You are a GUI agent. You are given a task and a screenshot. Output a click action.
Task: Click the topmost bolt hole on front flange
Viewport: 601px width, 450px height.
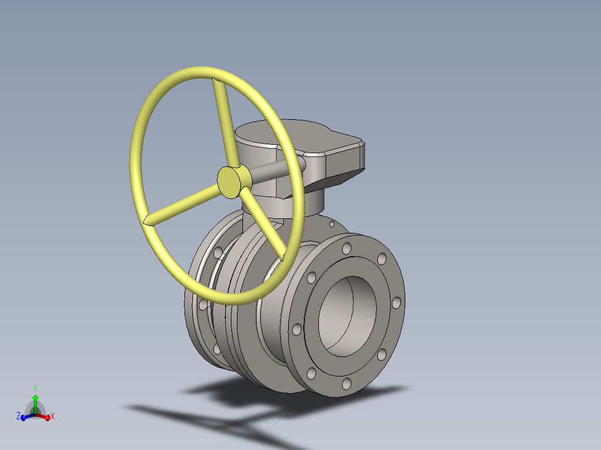coord(347,247)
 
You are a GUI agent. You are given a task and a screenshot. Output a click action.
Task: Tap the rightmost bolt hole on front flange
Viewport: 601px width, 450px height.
coord(396,302)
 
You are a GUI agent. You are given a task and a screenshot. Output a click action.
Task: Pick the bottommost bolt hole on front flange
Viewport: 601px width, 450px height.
coord(347,383)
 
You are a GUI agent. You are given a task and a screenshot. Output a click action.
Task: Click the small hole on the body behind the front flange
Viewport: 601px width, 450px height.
coord(332,224)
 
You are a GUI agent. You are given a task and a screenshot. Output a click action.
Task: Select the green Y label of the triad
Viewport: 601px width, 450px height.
coord(35,387)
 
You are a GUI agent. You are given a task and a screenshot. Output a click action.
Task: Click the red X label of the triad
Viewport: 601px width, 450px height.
coord(52,416)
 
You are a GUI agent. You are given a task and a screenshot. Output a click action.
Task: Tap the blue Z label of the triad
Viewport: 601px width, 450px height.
coord(18,416)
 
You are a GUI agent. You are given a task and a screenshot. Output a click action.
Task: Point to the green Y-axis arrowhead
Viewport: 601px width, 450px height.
coord(35,398)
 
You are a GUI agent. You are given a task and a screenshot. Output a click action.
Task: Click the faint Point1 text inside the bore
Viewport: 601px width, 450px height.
coord(363,321)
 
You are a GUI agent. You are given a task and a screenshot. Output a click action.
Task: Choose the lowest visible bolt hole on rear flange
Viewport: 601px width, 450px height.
coord(216,349)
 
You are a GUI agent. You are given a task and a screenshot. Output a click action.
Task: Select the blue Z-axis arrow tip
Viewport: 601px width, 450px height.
coord(23,418)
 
